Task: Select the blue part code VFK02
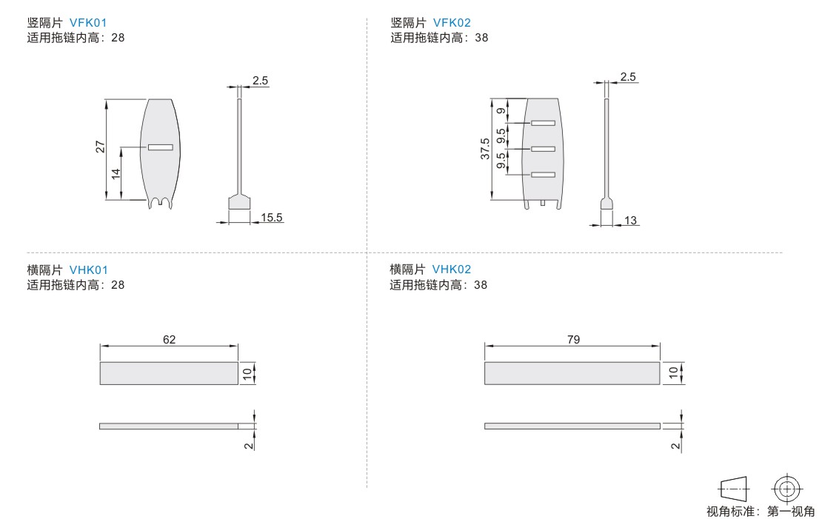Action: tap(452, 23)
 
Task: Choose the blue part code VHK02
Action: tap(452, 269)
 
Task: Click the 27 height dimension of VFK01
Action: tap(100, 148)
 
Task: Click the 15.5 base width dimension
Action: tap(272, 217)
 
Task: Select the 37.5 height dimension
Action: tap(485, 149)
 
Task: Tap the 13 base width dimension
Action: tap(631, 221)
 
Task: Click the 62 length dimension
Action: tap(170, 339)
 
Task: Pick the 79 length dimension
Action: tap(572, 339)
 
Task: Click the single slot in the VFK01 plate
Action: tap(160, 147)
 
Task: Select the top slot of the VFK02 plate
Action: tap(543, 123)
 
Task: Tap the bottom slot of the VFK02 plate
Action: tap(543, 175)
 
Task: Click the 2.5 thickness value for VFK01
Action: tap(260, 81)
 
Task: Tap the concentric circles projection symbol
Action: tap(786, 488)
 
